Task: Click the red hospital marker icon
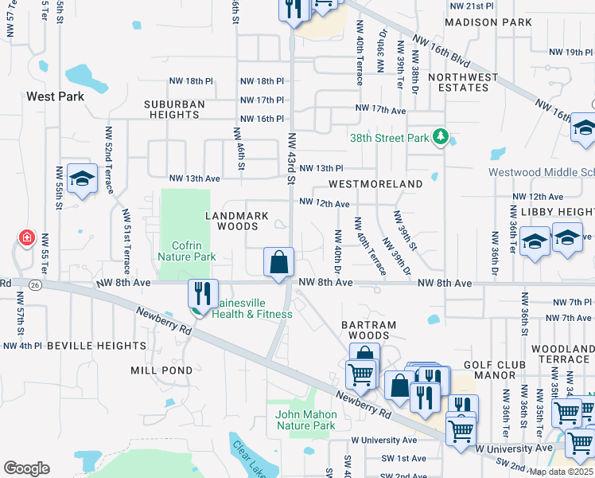tap(27, 237)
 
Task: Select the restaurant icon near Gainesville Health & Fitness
tap(204, 292)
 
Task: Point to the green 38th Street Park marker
tap(440, 138)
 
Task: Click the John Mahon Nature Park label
tap(306, 420)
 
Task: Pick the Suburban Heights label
tap(174, 109)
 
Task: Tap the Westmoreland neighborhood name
tap(375, 184)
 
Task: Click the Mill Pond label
tap(161, 370)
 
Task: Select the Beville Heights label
tap(95, 346)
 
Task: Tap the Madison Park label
tap(488, 22)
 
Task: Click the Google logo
tap(26, 468)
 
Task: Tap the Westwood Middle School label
tap(541, 172)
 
